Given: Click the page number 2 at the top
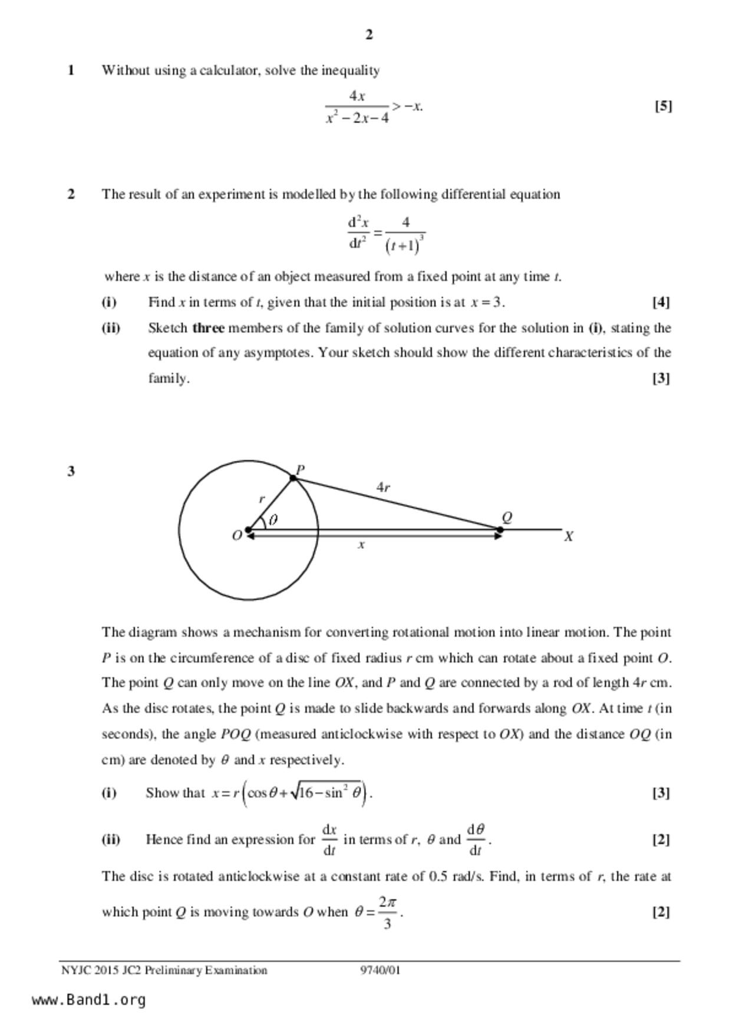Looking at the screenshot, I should tap(369, 35).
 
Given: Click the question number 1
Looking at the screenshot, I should tap(71, 71).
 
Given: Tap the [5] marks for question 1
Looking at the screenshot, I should tap(663, 106).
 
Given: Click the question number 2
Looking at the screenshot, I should tap(71, 194).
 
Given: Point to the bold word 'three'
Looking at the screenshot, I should tap(208, 328).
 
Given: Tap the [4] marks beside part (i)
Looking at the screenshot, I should tap(661, 302).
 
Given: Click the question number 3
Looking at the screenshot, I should tap(71, 471).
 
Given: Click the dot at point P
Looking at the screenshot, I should tap(293, 478).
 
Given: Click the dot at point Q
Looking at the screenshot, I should tap(500, 530).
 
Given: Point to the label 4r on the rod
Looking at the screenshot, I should tap(383, 487).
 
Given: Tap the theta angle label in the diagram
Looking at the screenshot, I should tap(273, 520).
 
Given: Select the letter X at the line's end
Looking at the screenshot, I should tap(569, 537).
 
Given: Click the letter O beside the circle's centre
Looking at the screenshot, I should tap(237, 536).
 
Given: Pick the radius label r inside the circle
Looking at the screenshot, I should tap(262, 499).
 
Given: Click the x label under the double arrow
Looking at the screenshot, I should tap(361, 545).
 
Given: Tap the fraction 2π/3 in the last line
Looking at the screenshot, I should tap(387, 912).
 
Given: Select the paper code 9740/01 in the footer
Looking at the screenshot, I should tap(380, 970).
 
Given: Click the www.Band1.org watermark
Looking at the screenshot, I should tap(88, 1000).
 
